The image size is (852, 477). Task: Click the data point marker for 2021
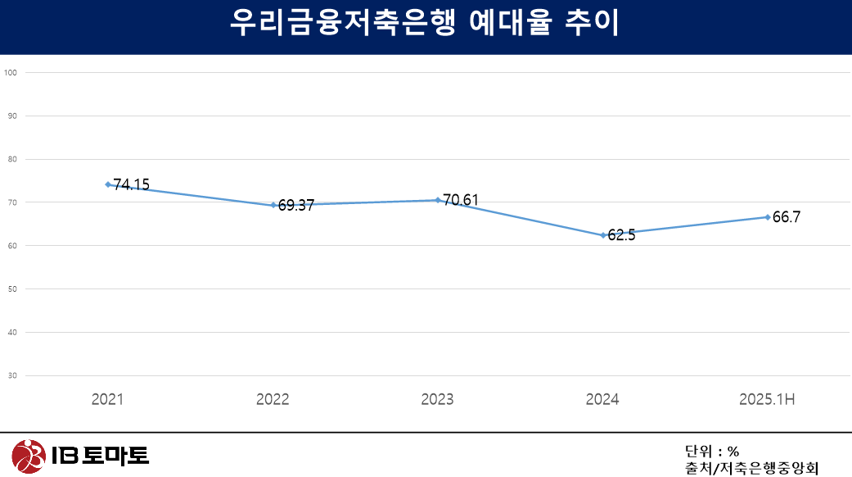(x=108, y=184)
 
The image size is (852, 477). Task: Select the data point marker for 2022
(x=273, y=205)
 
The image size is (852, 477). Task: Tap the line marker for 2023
(x=438, y=200)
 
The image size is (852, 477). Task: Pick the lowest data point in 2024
(x=603, y=235)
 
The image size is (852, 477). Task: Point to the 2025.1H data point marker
(x=768, y=217)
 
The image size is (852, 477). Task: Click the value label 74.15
(x=132, y=185)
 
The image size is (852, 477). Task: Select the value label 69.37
(x=296, y=206)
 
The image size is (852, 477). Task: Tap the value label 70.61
(x=461, y=200)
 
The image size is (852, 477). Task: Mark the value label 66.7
(x=787, y=217)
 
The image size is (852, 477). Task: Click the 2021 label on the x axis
(x=108, y=400)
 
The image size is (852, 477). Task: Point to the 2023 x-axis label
(x=437, y=400)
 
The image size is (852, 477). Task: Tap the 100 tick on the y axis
(x=11, y=72)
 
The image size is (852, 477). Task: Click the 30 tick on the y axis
(x=12, y=375)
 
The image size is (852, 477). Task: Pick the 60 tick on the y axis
(x=12, y=245)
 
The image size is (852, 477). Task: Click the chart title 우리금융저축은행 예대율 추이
(x=425, y=24)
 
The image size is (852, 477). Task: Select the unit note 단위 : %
(x=712, y=451)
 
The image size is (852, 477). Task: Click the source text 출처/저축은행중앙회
(x=751, y=469)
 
